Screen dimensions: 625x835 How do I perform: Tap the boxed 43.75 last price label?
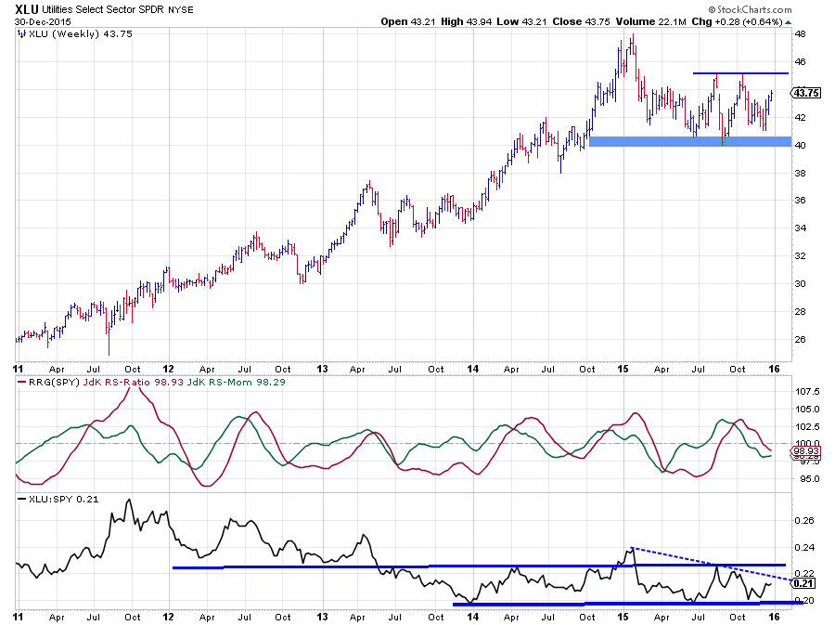tap(803, 93)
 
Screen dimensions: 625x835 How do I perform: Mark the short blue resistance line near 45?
tap(740, 73)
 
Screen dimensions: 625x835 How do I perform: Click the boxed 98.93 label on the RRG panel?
tap(803, 450)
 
